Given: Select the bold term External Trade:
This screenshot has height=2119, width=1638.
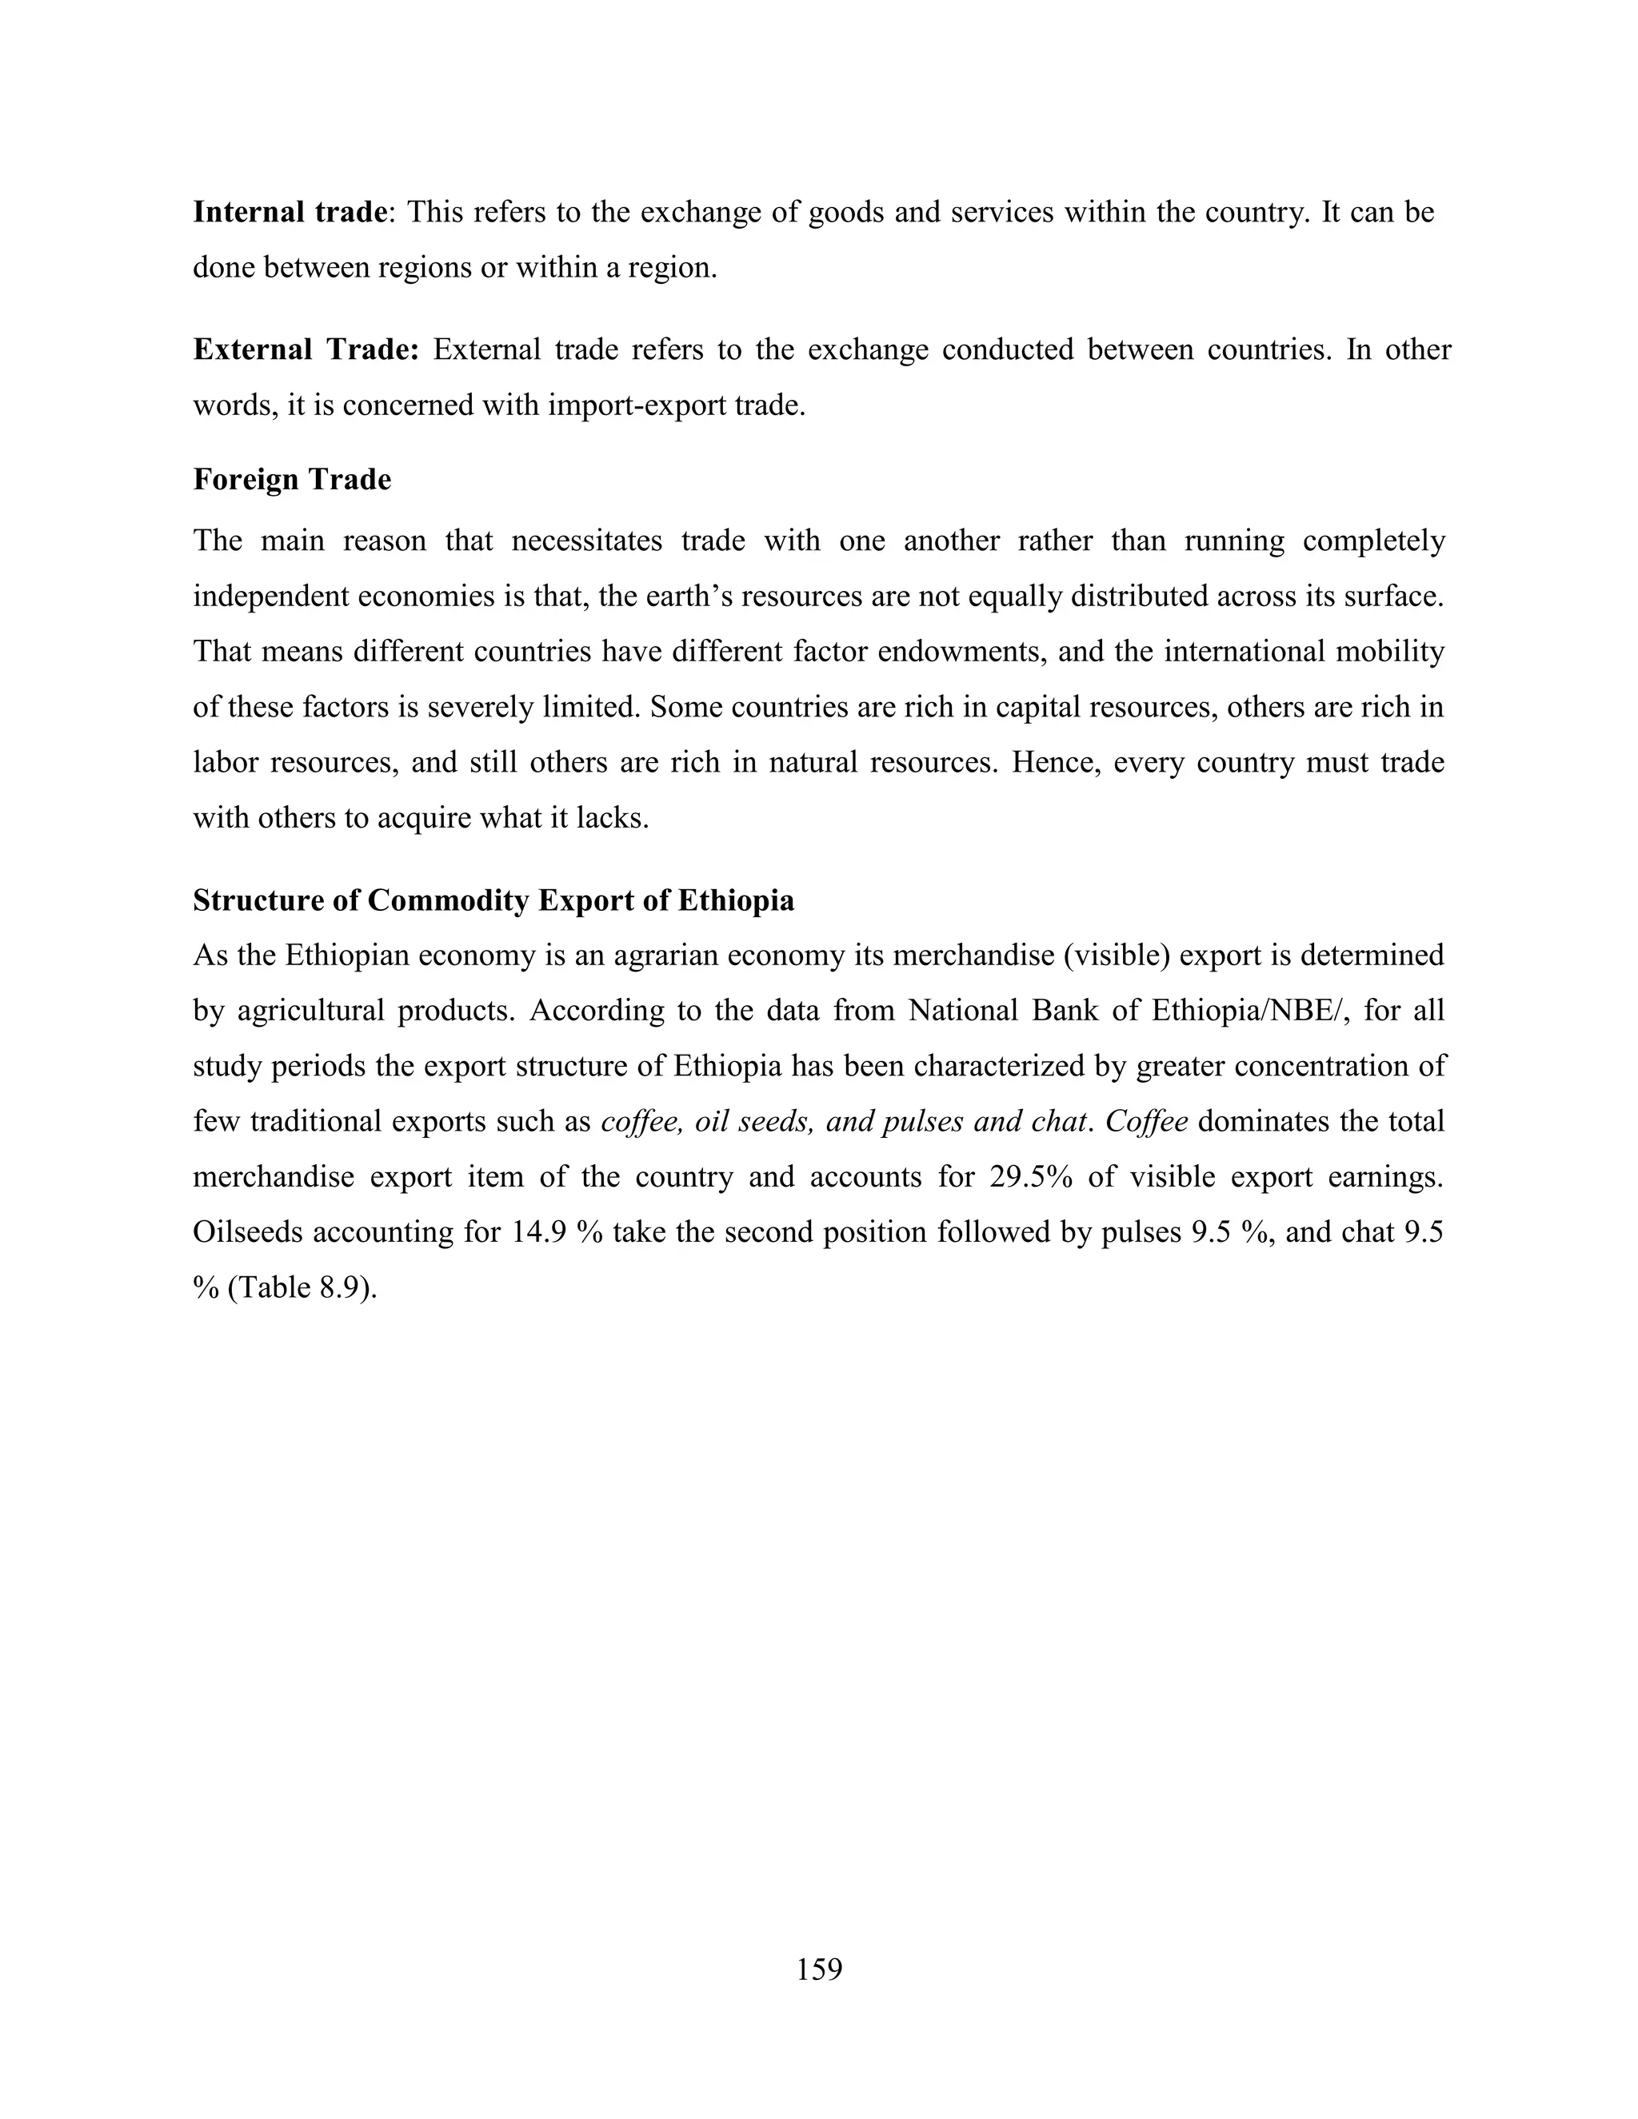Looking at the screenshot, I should [306, 349].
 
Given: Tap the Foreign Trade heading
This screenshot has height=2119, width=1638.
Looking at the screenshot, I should [292, 479].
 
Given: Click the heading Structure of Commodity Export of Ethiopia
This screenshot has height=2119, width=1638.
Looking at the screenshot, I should [493, 900].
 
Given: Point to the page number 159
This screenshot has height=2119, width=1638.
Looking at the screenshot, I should [819, 1961].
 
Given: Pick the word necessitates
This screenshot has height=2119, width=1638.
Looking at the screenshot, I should [586, 541].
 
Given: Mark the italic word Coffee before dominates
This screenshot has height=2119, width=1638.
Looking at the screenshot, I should [1146, 1122].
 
